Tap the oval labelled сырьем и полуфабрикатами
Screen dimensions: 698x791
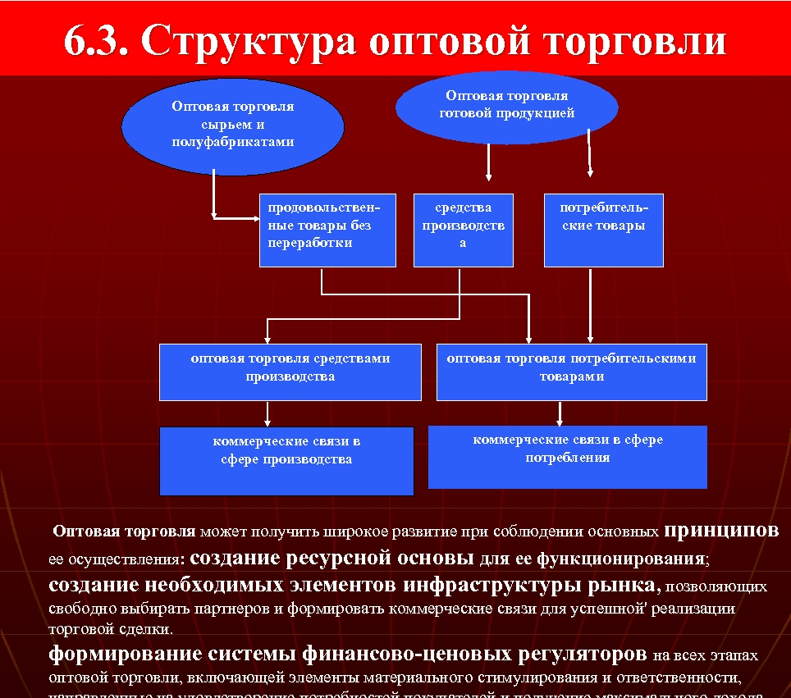[x=232, y=125]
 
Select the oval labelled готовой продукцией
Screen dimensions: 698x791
[x=506, y=106]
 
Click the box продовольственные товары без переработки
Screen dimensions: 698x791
[x=327, y=230]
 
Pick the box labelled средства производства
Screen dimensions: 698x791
[x=463, y=230]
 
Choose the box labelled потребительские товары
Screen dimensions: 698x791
[x=603, y=230]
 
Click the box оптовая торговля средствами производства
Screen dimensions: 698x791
[x=290, y=372]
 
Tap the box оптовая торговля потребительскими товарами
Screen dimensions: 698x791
[x=571, y=372]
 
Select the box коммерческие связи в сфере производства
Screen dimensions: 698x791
[x=286, y=460]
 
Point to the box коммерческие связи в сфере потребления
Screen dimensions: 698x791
[x=567, y=456]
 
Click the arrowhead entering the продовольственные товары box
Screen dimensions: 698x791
[x=255, y=218]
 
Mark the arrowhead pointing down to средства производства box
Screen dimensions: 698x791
[x=489, y=176]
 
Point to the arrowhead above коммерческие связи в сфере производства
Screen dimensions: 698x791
[x=267, y=422]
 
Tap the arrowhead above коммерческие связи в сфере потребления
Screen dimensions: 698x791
[x=560, y=420]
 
